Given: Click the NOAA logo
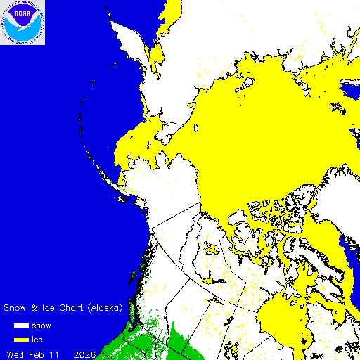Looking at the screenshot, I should click(x=22, y=22).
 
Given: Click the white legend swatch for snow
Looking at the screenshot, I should click(x=20, y=326).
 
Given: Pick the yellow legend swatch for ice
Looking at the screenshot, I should click(x=20, y=339).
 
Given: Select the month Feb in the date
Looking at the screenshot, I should click(x=37, y=352).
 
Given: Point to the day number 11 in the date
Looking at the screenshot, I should click(x=55, y=352).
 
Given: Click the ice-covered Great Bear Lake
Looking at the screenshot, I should click(x=212, y=248).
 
